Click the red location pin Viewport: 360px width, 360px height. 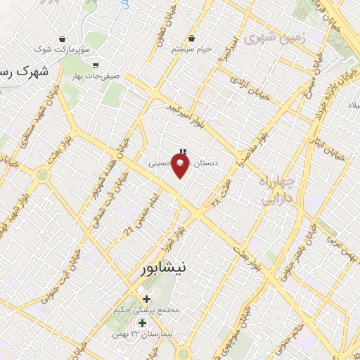tap(181, 166)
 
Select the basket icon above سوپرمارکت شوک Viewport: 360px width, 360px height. tap(63, 39)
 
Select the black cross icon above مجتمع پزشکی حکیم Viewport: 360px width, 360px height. tap(146, 300)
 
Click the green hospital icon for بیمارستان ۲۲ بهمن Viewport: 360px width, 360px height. tap(142, 323)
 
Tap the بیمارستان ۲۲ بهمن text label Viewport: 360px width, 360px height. tap(141, 334)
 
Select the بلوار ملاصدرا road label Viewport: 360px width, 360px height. tap(248, 150)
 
